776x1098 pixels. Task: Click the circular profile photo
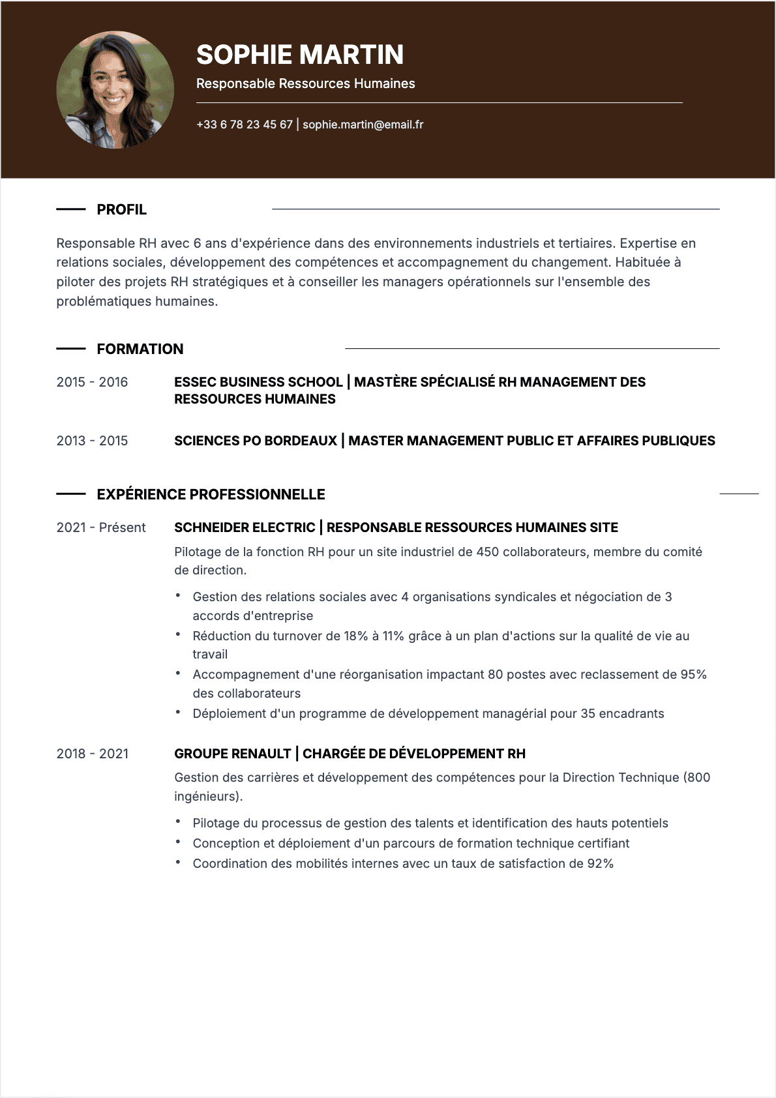(x=115, y=90)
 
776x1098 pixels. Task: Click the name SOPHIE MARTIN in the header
(x=300, y=55)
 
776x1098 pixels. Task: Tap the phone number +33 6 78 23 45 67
(x=245, y=125)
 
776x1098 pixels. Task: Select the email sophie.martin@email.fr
(x=363, y=125)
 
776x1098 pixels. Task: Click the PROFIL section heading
(x=121, y=210)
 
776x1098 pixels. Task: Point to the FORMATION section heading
(x=140, y=349)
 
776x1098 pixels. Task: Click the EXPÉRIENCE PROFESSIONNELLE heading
(x=211, y=495)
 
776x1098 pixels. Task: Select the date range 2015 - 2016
(x=92, y=383)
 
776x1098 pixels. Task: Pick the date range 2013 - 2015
(x=92, y=441)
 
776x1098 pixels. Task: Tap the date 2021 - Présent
(x=101, y=528)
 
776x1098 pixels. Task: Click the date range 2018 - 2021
(x=92, y=754)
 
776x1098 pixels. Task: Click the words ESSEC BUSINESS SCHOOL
(x=258, y=383)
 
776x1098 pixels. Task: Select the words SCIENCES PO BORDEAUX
(x=256, y=441)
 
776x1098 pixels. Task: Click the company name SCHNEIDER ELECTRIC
(x=245, y=528)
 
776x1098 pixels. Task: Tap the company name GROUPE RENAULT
(x=232, y=754)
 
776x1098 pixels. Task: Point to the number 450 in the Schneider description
(x=487, y=552)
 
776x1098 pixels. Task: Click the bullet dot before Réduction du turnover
(x=177, y=634)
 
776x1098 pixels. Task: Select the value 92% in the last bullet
(x=600, y=864)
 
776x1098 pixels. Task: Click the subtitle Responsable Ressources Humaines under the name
(x=305, y=84)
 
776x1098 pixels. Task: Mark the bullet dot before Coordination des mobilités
(x=177, y=862)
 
